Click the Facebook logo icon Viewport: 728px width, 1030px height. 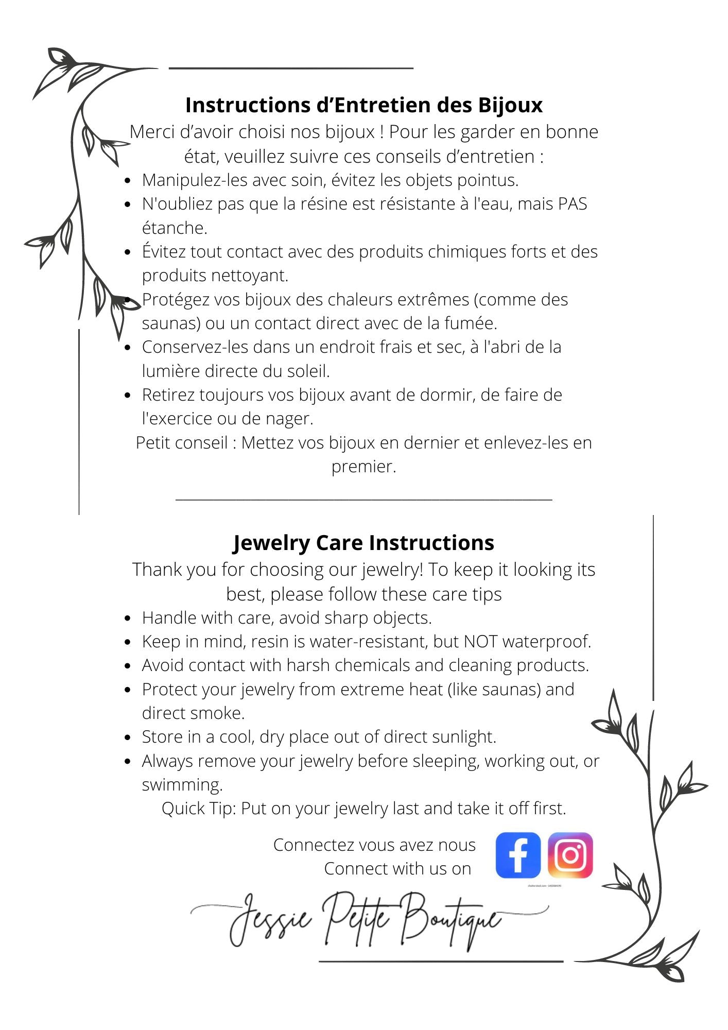click(518, 855)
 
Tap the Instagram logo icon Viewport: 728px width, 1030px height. click(570, 855)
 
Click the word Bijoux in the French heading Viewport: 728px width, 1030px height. click(510, 105)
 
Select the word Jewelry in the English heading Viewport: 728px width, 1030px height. click(271, 543)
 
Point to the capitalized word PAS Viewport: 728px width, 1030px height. click(573, 204)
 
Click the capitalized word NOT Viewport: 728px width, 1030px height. click(481, 642)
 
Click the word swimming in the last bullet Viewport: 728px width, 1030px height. click(182, 785)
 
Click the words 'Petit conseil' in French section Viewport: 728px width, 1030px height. click(181, 443)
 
